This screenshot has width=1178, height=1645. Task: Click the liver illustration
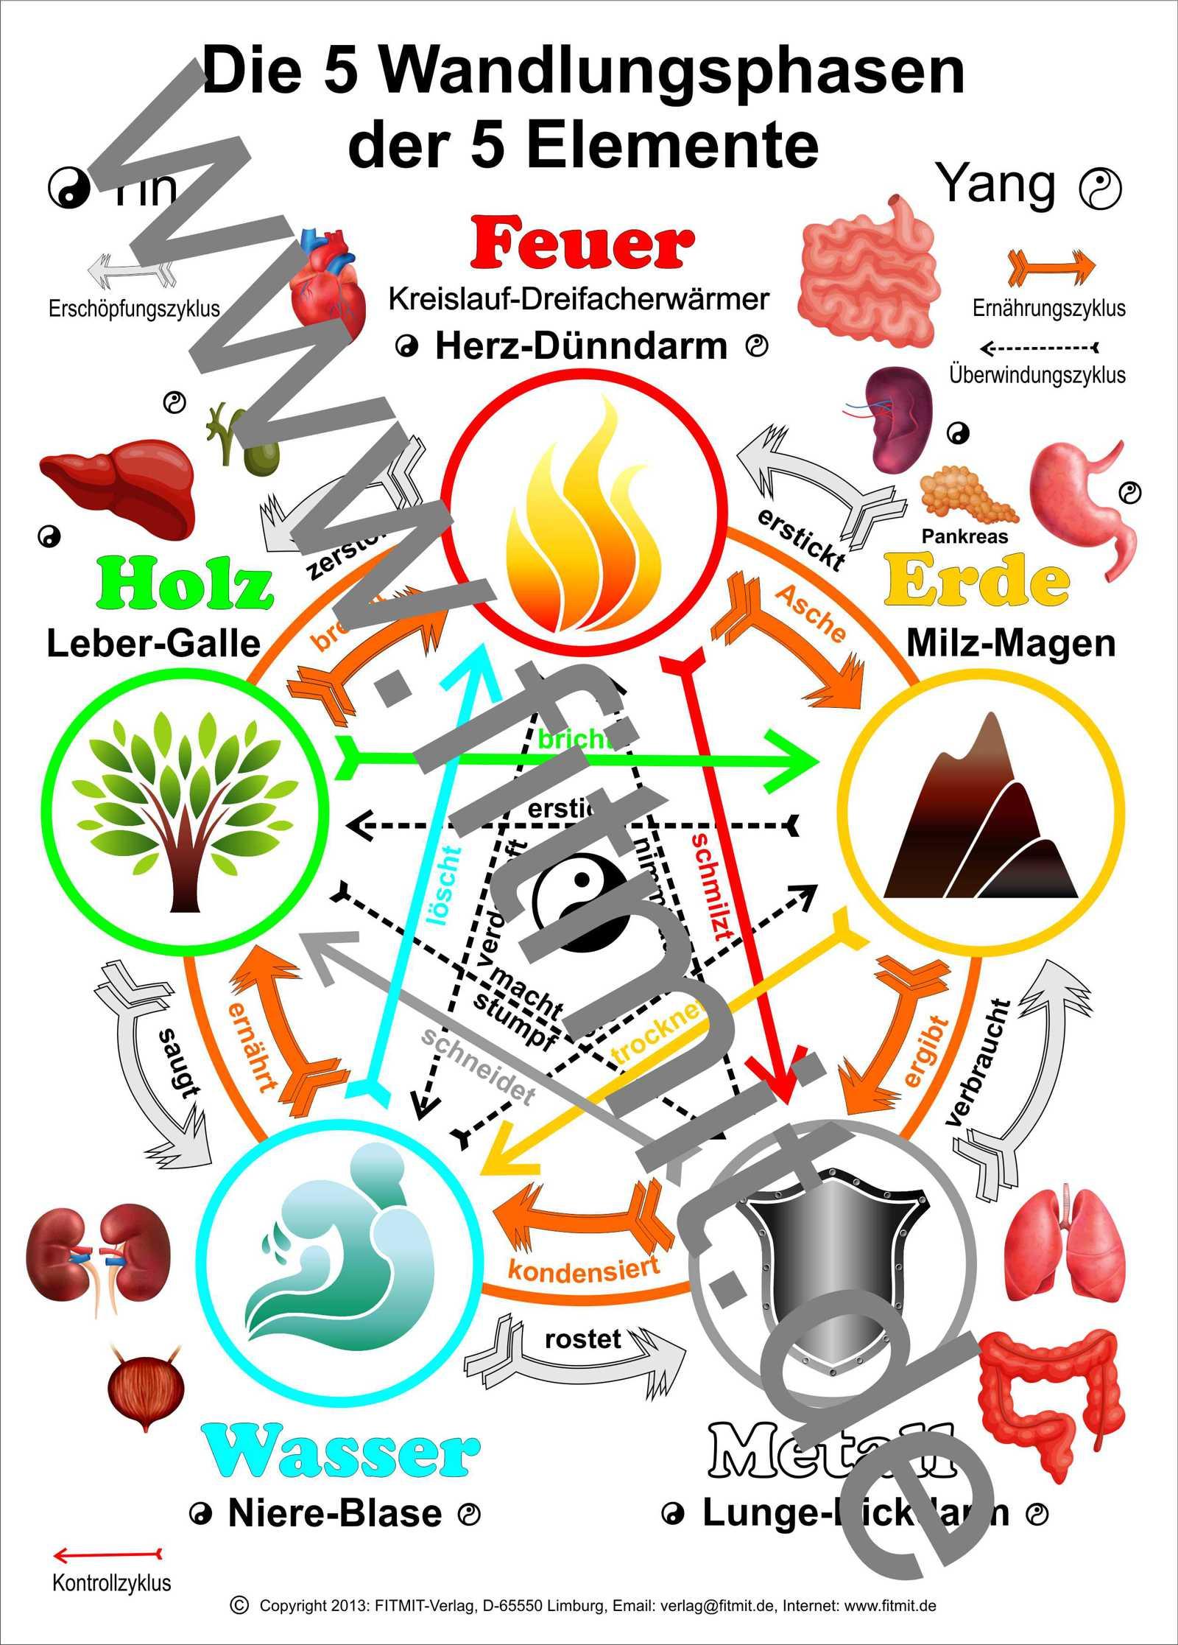[119, 483]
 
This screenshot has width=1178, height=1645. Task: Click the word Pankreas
[964, 537]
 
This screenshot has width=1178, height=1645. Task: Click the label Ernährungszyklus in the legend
[1048, 308]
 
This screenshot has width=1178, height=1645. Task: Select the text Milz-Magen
[1010, 643]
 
